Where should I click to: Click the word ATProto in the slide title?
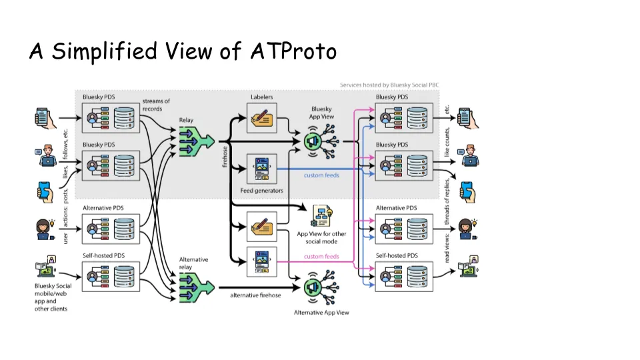294,51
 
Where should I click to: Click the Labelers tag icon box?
261,117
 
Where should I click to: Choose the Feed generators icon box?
261,169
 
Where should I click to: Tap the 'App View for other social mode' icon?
323,215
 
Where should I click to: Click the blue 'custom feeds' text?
321,175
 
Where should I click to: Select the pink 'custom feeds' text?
321,256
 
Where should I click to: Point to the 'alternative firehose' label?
255,294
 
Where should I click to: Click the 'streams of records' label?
156,105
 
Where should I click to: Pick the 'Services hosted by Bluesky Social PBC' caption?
389,85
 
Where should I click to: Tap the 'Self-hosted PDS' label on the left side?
103,256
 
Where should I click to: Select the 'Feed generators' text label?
261,191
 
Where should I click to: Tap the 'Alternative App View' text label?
321,312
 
